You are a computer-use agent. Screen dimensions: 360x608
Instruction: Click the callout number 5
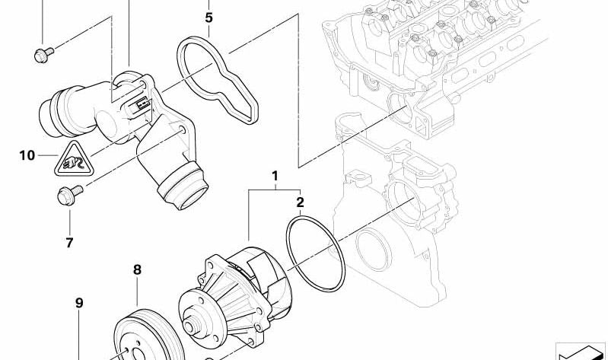(x=209, y=17)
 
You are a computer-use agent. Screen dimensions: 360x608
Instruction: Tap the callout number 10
(x=27, y=156)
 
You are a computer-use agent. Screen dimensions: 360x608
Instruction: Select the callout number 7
(x=69, y=243)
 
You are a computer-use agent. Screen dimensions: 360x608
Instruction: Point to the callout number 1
(x=275, y=177)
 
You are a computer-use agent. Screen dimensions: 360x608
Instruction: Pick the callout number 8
(x=138, y=269)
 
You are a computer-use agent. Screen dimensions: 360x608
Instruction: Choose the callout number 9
(x=78, y=304)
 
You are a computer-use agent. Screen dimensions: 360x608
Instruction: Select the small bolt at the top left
(x=42, y=54)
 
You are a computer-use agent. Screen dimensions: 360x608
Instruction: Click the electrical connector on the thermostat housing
(x=142, y=107)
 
